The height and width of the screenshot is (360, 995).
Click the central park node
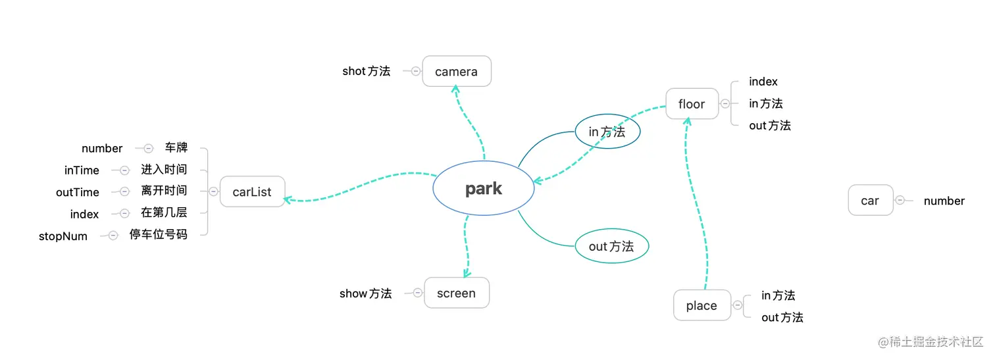point(483,189)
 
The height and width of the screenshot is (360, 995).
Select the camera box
point(456,71)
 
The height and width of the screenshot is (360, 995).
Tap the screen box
point(456,293)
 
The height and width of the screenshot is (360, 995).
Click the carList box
point(252,192)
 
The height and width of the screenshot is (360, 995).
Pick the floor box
point(692,104)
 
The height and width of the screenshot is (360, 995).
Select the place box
point(702,305)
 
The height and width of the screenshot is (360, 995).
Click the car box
point(870,201)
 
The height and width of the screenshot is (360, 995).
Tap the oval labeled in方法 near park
point(607,132)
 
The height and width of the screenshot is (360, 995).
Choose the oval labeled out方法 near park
point(611,246)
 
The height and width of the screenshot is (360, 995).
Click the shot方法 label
point(366,71)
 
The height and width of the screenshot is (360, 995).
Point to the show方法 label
point(365,294)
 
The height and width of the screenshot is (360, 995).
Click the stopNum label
point(63,236)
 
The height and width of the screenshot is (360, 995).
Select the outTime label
point(78,192)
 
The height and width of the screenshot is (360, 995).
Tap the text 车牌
point(176,148)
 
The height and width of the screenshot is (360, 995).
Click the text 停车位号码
point(158,234)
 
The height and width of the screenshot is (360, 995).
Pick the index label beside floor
point(763,82)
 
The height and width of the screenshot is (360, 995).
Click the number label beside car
point(944,201)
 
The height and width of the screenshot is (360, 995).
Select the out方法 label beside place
point(782,317)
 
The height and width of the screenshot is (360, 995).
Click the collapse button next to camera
point(415,71)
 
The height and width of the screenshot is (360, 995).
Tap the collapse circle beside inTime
point(124,170)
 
